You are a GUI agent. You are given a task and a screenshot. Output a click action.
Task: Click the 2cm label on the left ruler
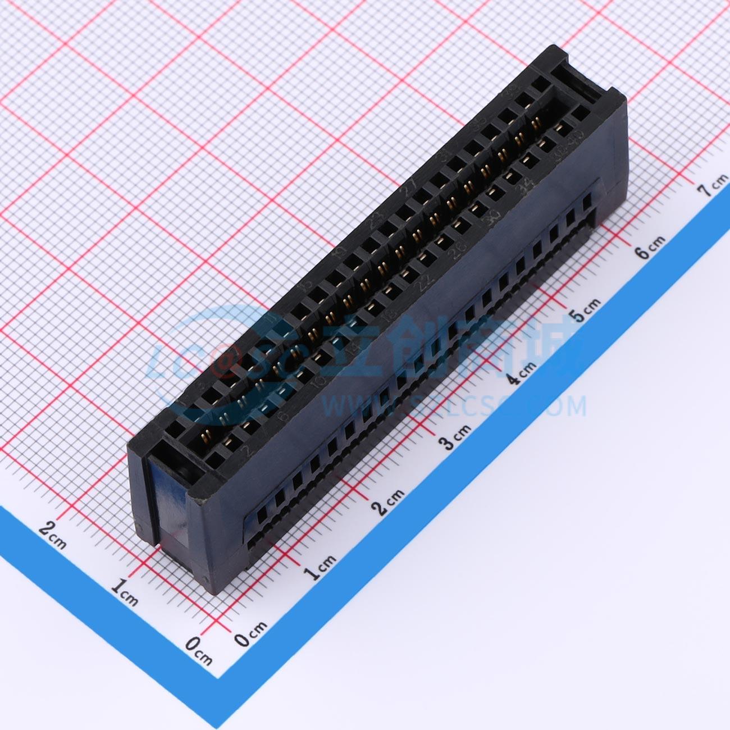[x=53, y=534]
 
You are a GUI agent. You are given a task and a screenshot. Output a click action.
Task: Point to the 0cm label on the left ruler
[x=199, y=651]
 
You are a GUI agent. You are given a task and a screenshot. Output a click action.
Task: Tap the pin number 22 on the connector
[x=422, y=285]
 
